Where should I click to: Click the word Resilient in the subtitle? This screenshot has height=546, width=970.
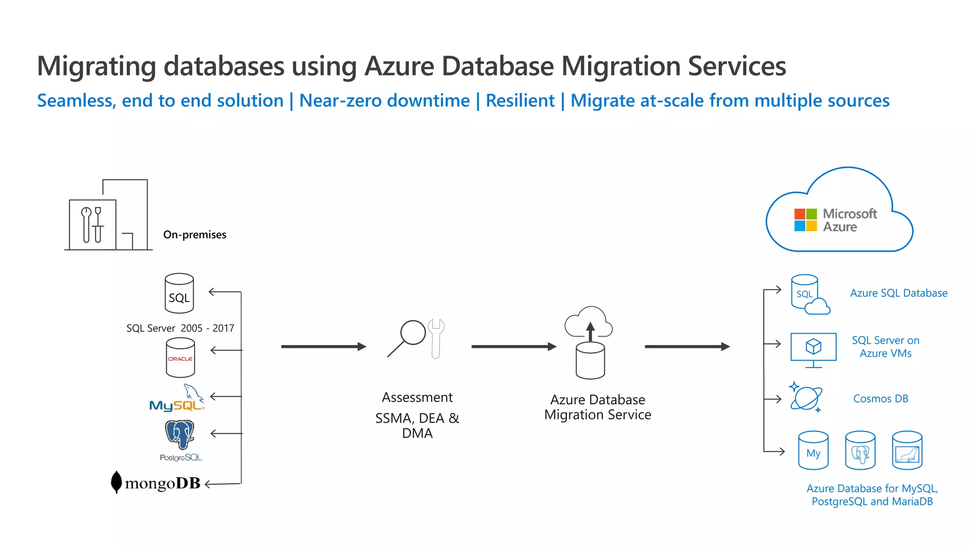point(520,101)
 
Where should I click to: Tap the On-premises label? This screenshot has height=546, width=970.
point(195,235)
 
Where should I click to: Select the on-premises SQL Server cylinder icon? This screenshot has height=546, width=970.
point(179,293)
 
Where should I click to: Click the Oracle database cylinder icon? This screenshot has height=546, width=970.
point(180,357)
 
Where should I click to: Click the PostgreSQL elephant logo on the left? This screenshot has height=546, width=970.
point(180,434)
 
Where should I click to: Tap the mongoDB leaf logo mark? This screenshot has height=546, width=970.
point(116,482)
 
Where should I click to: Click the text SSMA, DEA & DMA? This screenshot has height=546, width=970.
point(417,426)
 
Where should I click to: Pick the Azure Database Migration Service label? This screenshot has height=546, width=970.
point(597,407)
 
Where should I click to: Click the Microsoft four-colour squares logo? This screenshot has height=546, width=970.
point(805,220)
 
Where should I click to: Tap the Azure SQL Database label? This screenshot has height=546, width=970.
point(898,293)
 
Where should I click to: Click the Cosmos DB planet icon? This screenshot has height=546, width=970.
point(806,398)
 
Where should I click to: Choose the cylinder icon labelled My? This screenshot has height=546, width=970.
point(813,451)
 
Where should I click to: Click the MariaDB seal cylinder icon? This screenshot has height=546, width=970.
point(907,451)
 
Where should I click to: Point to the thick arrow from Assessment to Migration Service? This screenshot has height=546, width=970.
point(513,346)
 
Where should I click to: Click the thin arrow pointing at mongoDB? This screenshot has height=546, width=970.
point(223,484)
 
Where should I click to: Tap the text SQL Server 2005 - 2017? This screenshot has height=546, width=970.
point(180,328)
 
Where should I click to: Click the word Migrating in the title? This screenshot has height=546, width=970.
point(96,66)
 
